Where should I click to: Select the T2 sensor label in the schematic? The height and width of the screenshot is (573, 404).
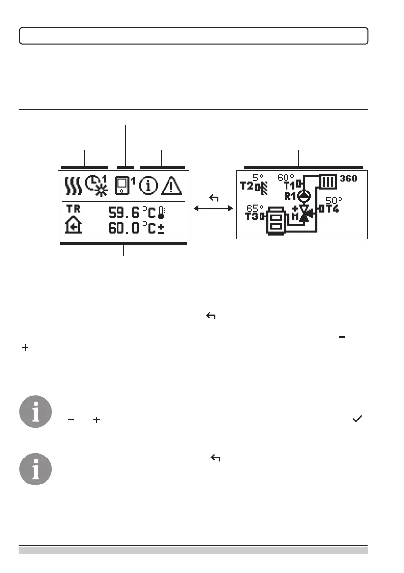pyautogui.click(x=247, y=186)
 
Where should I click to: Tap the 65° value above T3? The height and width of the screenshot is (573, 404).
pyautogui.click(x=255, y=208)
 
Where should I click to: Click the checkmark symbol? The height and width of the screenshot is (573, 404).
pyautogui.click(x=357, y=420)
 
